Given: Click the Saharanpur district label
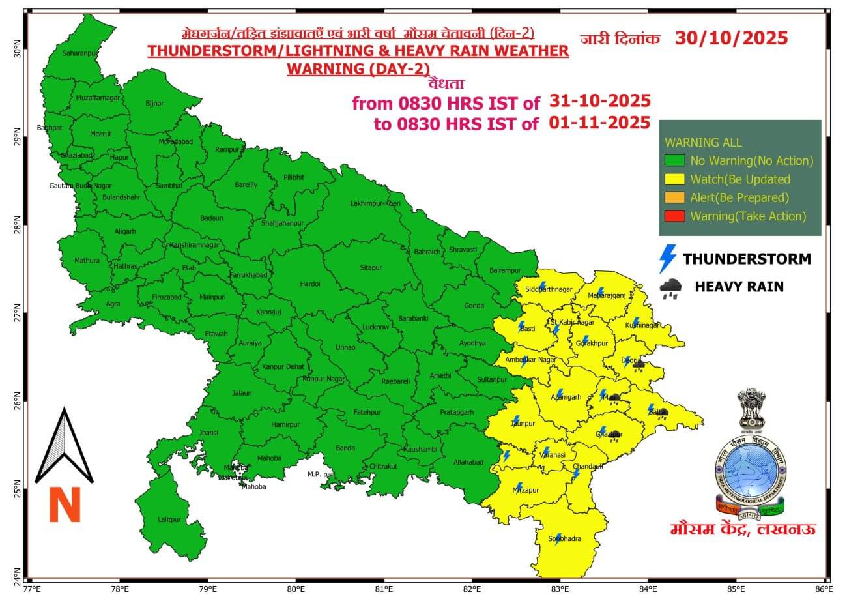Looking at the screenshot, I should [x=80, y=53].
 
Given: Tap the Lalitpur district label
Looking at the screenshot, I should [x=169, y=519].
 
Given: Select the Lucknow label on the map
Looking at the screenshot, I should [x=375, y=327].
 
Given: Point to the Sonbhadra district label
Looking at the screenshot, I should [x=564, y=538].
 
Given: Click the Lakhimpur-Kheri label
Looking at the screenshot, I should [x=375, y=203].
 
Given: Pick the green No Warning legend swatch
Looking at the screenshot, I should [x=674, y=161].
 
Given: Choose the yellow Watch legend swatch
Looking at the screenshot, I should [x=674, y=179].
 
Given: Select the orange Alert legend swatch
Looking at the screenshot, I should [x=674, y=197].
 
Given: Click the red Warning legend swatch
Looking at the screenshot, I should [x=674, y=216].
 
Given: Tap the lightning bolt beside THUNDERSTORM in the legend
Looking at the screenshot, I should [x=668, y=259].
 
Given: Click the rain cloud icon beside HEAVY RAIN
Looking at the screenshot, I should [x=670, y=287].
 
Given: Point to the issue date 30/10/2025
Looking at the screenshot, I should [x=731, y=38].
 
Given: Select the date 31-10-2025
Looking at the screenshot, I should [x=599, y=101].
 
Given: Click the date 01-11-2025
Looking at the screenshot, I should [x=599, y=123].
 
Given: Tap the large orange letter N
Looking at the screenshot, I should [x=65, y=505].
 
